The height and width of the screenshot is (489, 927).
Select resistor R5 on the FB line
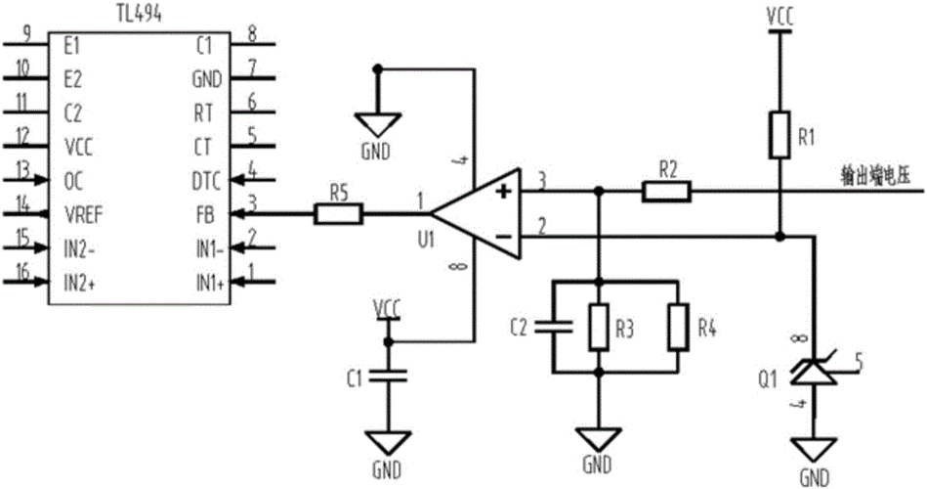tap(338, 214)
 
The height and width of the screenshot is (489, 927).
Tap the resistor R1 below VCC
tap(780, 134)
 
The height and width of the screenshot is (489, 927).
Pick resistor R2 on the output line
tap(666, 192)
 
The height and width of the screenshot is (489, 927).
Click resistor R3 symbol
tap(599, 327)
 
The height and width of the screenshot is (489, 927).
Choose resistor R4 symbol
tap(678, 327)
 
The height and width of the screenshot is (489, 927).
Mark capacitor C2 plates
tap(553, 327)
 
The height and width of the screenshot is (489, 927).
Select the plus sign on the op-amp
tap(504, 191)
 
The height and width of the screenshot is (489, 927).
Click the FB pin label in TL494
tap(204, 214)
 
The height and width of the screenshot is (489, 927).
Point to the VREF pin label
tap(83, 215)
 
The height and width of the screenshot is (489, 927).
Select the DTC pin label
tap(206, 181)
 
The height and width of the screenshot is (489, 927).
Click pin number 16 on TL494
tap(22, 272)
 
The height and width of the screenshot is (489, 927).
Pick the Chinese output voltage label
tap(875, 176)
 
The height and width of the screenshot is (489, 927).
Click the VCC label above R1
tap(780, 18)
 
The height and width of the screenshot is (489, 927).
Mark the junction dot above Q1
tap(780, 237)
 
